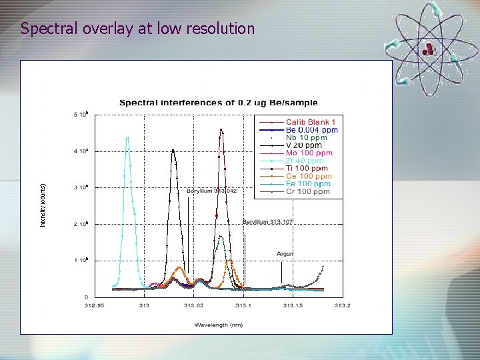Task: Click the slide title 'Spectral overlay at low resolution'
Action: coord(137,29)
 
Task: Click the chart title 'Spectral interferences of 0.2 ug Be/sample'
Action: coord(219,103)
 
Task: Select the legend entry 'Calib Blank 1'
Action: coord(311,122)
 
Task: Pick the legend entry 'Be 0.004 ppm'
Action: coord(311,130)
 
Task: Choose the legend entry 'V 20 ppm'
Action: coord(303,145)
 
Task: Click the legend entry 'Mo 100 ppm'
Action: coord(308,153)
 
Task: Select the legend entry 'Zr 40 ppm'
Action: coord(305,161)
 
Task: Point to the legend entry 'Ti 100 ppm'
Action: coord(307,169)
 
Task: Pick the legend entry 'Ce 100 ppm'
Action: coord(308,176)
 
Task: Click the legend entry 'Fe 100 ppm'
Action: coord(308,184)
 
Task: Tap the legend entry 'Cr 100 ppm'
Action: coord(308,192)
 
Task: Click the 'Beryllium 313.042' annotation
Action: coord(211,191)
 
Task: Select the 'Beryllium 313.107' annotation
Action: coord(267,221)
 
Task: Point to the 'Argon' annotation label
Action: coord(285,253)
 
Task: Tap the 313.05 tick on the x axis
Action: coord(194,305)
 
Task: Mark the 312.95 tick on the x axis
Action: coord(94,305)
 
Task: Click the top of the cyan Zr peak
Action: coord(127,138)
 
